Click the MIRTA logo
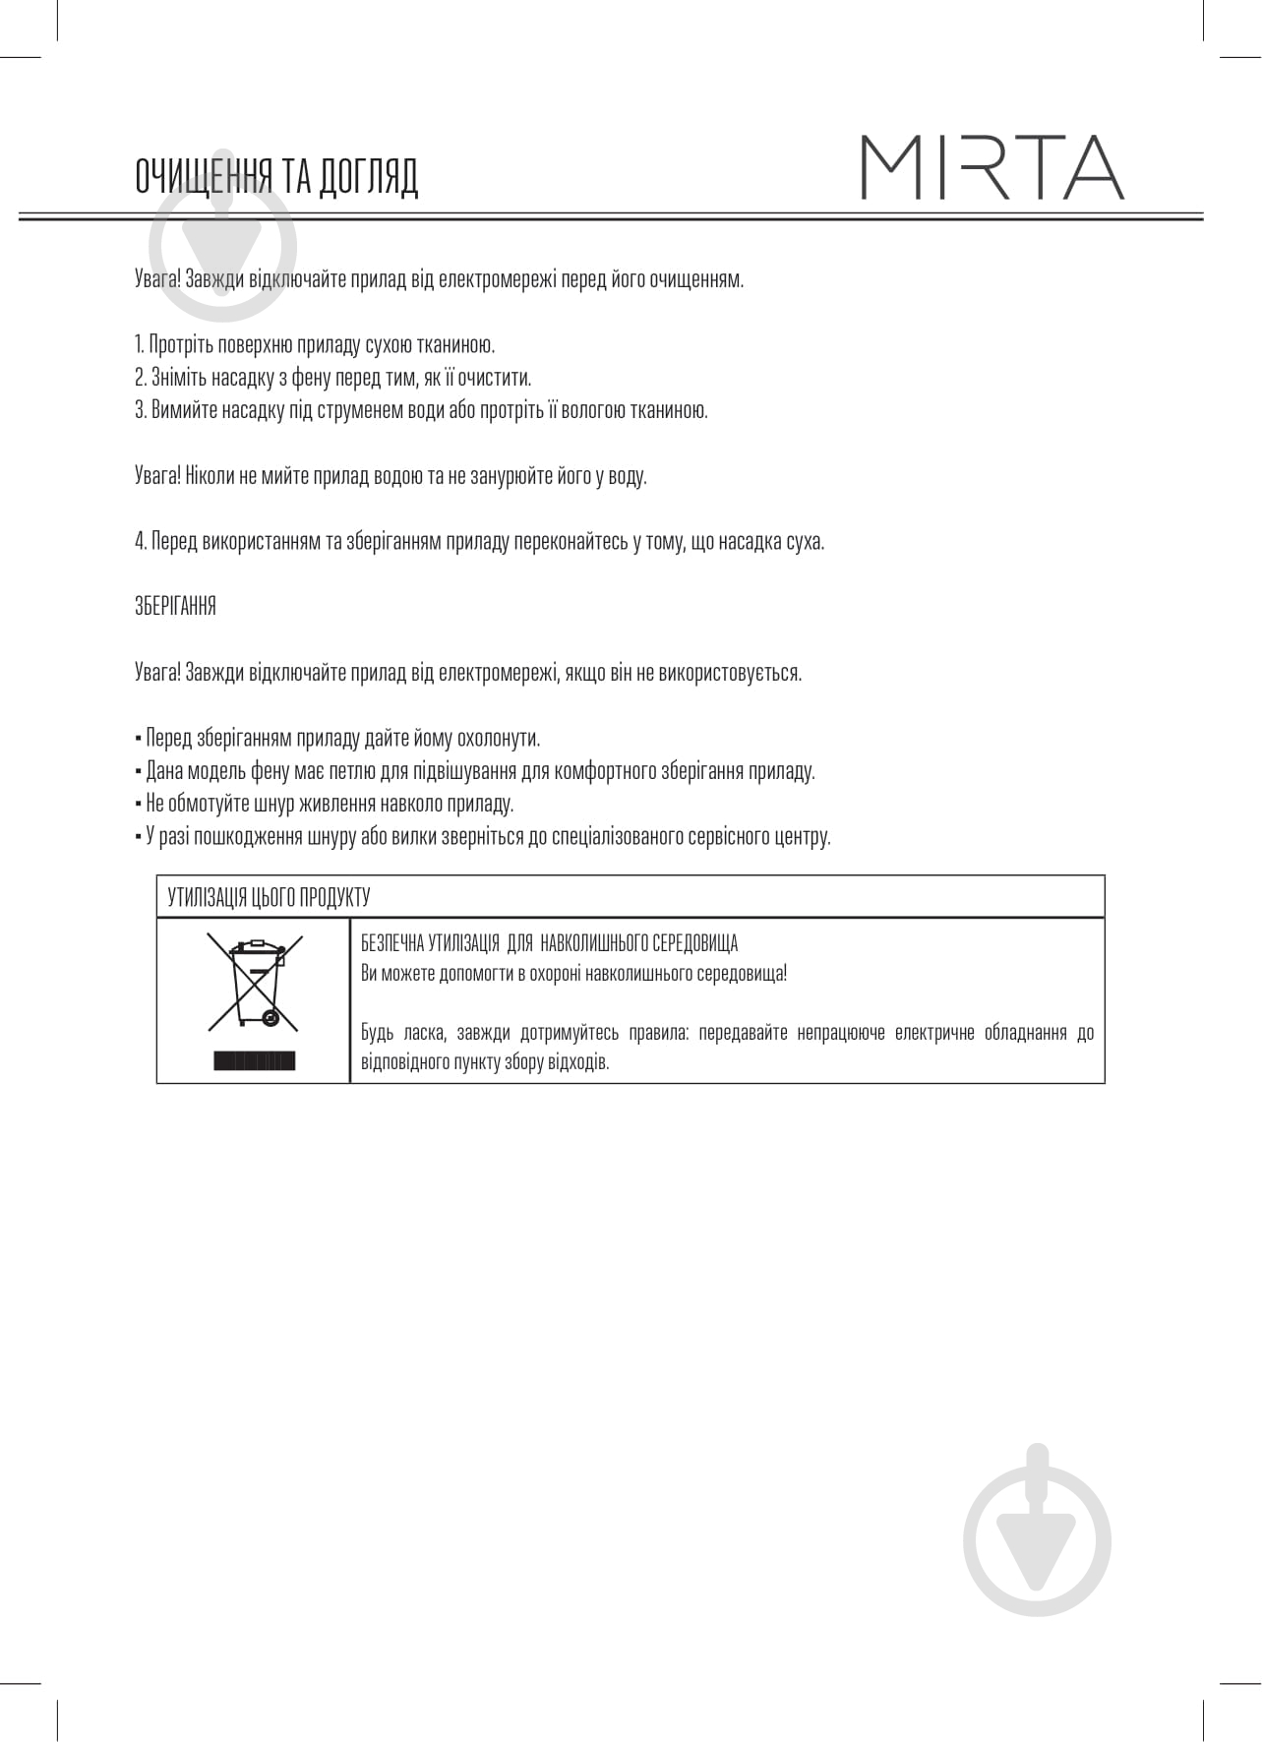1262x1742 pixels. pos(992,168)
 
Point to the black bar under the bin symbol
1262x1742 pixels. pos(254,1060)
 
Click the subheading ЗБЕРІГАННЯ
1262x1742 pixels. pos(175,607)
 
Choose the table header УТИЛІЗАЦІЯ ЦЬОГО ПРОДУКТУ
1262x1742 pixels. pos(269,897)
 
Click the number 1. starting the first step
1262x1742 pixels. pos(140,344)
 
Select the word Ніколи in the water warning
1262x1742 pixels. pos(210,476)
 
